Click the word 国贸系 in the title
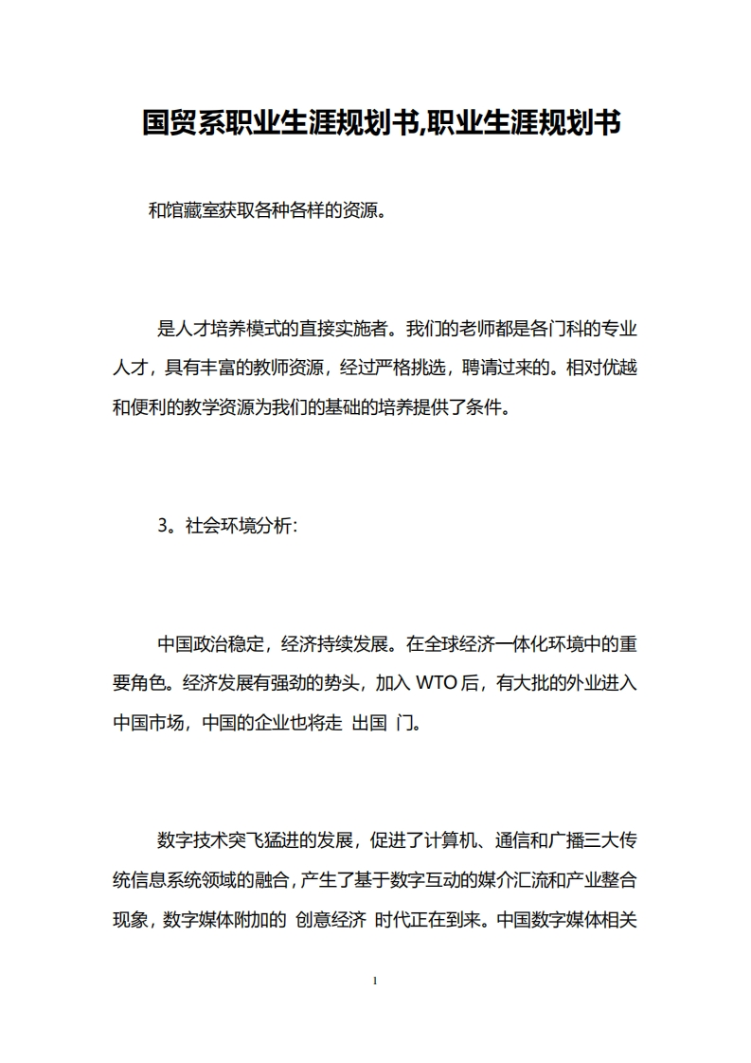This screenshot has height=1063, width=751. [x=182, y=122]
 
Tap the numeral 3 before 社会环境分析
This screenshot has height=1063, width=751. [x=162, y=528]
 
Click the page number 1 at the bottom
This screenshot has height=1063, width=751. [x=376, y=981]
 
